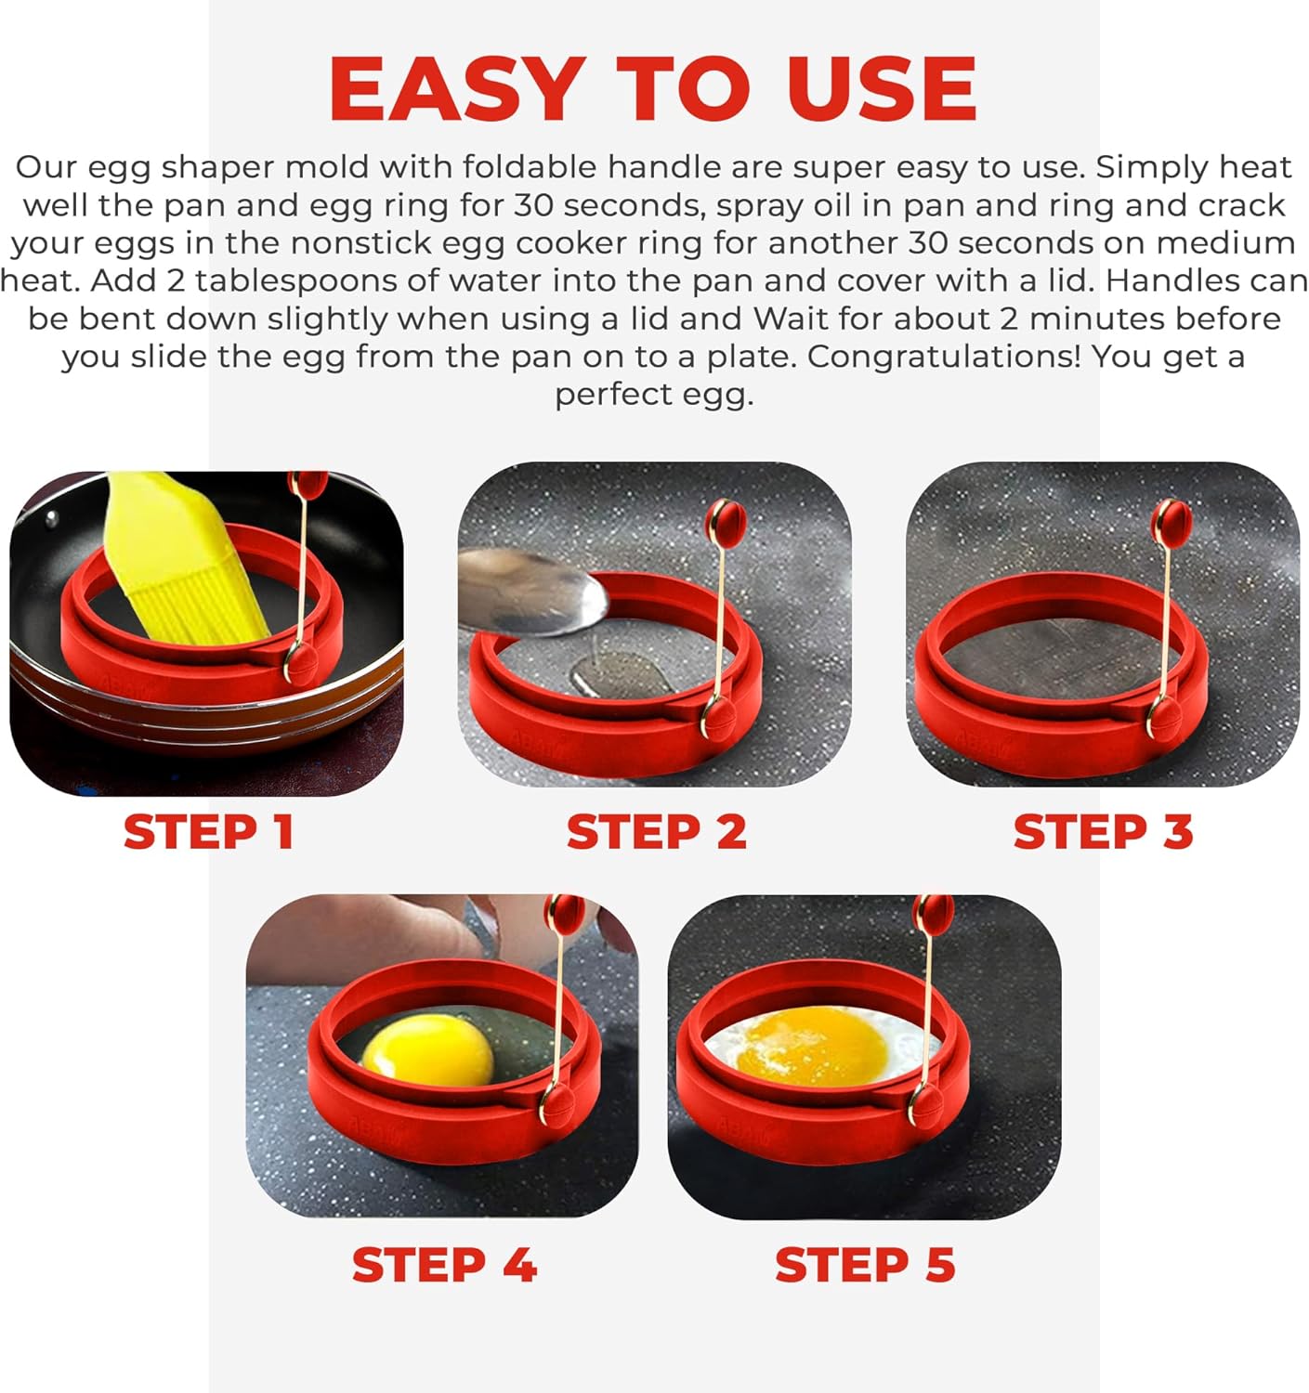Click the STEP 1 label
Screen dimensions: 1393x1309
pos(209,831)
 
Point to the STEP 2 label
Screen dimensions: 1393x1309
pos(656,831)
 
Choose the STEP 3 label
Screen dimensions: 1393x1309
pos(1103,831)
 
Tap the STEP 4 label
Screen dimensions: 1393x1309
pos(444,1265)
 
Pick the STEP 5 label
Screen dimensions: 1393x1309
pos(865,1265)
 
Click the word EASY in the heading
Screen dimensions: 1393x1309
pos(455,90)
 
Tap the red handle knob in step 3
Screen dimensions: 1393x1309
pos(1172,523)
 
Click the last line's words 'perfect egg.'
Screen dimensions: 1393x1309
pos(654,395)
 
